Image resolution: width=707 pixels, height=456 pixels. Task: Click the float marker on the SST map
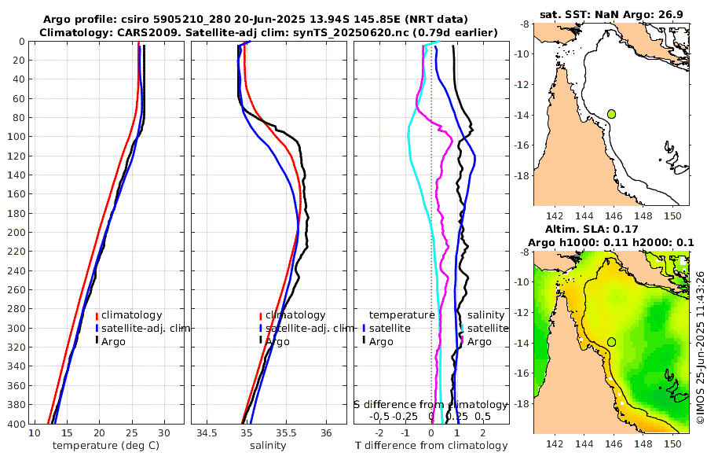(612, 114)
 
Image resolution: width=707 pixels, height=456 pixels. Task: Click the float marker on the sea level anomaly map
(612, 342)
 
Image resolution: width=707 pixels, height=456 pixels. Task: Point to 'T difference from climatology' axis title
(431, 446)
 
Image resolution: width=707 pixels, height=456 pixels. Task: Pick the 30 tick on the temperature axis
(164, 433)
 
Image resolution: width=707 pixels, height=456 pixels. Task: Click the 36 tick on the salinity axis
(327, 433)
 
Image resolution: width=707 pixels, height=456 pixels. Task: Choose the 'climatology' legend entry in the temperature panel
(131, 315)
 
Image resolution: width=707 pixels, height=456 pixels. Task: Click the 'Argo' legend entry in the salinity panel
(277, 342)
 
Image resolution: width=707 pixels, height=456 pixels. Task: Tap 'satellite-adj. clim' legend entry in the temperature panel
(145, 329)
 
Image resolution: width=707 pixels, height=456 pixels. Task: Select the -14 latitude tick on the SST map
(522, 115)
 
